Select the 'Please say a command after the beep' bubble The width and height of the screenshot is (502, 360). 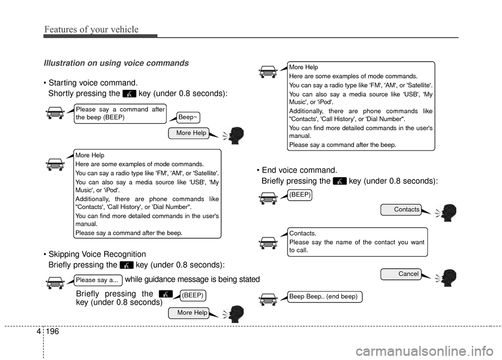click(120, 113)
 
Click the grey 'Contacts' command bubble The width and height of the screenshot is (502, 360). click(402, 210)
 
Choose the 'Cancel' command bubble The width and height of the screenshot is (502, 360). click(402, 273)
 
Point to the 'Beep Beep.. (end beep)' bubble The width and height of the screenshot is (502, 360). click(324, 297)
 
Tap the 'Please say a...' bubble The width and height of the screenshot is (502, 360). click(98, 280)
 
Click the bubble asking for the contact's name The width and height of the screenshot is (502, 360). click(357, 242)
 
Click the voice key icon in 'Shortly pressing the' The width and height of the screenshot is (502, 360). click(130, 95)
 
